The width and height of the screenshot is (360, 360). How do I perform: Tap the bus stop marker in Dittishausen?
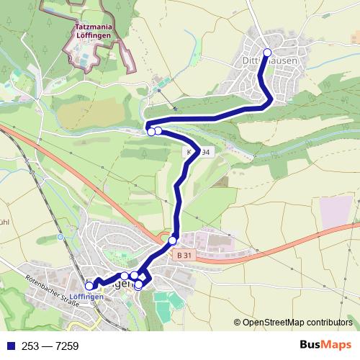[267, 52]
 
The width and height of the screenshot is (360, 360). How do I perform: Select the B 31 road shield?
[184, 254]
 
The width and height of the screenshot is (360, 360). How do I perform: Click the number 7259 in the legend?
[59, 345]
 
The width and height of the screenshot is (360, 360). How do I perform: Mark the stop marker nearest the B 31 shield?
[173, 240]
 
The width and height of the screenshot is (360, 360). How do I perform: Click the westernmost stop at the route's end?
[89, 286]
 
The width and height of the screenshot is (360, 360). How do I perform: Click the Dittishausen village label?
[270, 61]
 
